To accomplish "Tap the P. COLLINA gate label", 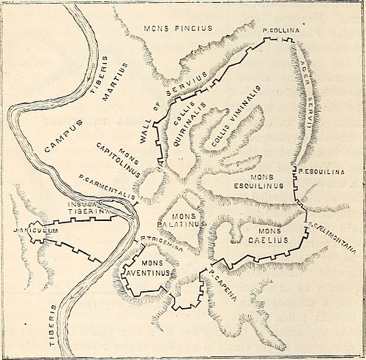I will point(278,31).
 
